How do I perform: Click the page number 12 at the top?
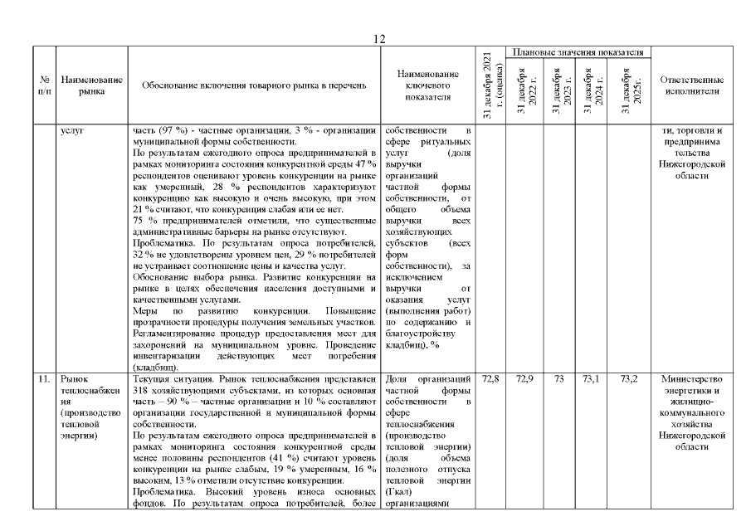tap(378, 39)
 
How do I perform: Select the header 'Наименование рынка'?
tap(92, 85)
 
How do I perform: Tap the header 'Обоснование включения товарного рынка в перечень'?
tap(252, 85)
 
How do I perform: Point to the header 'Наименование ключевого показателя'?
tap(427, 85)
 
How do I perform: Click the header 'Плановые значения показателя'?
tap(578, 52)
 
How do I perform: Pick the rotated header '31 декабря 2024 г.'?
tap(592, 90)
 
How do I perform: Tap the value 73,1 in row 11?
tap(592, 378)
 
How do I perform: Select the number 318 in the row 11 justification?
tap(143, 389)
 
